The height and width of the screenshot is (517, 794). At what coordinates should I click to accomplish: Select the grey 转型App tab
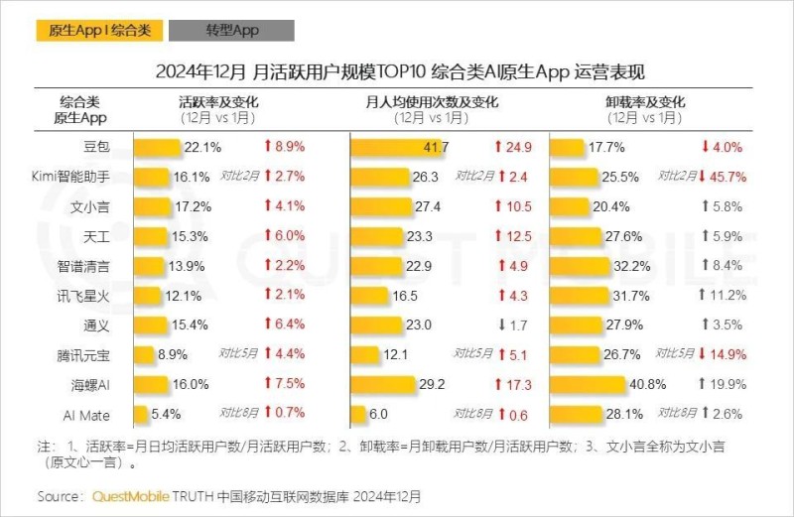click(231, 31)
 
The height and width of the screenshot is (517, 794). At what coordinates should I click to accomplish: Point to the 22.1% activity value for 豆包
click(202, 148)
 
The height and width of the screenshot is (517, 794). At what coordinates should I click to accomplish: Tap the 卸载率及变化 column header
click(644, 102)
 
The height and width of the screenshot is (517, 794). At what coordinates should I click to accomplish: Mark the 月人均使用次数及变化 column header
click(432, 102)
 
